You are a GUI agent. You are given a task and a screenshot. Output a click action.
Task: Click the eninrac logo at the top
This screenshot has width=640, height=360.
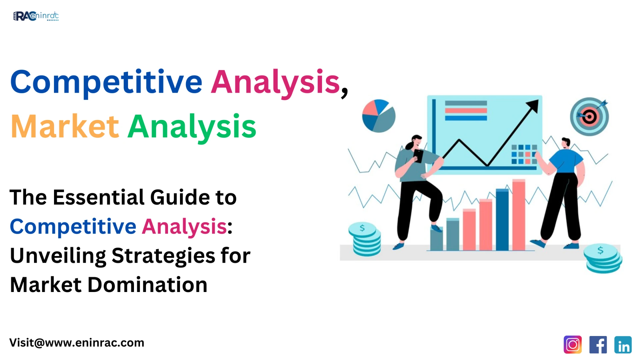coord(36,16)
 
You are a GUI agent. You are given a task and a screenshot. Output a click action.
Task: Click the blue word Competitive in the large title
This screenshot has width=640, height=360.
coord(106,82)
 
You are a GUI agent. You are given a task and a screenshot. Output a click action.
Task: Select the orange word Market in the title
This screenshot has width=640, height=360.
coord(65,127)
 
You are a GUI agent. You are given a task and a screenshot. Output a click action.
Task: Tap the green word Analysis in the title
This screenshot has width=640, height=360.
coord(192,127)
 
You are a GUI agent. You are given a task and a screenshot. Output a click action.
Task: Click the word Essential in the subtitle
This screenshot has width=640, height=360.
coord(99,197)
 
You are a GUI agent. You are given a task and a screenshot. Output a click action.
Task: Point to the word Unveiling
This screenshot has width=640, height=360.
coord(57,256)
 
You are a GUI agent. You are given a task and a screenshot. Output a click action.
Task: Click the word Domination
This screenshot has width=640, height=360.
coord(147,285)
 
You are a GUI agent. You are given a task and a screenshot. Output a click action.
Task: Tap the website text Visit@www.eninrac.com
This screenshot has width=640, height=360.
coord(77,343)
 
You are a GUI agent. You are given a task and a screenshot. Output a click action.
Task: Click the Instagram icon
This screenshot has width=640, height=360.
coord(572,345)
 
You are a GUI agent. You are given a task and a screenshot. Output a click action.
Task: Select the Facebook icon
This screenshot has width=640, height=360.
coord(598,345)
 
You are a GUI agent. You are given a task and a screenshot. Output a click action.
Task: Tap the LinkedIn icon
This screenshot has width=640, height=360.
coord(623,345)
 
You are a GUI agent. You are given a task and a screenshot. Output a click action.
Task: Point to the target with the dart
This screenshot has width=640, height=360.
coord(589,117)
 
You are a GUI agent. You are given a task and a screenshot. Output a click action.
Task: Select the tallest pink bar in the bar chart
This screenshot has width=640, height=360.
coord(519,215)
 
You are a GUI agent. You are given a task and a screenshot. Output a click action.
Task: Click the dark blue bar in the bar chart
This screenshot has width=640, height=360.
coord(502,220)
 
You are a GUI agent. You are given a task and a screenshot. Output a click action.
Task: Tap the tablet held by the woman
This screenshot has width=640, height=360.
coord(418,156)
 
